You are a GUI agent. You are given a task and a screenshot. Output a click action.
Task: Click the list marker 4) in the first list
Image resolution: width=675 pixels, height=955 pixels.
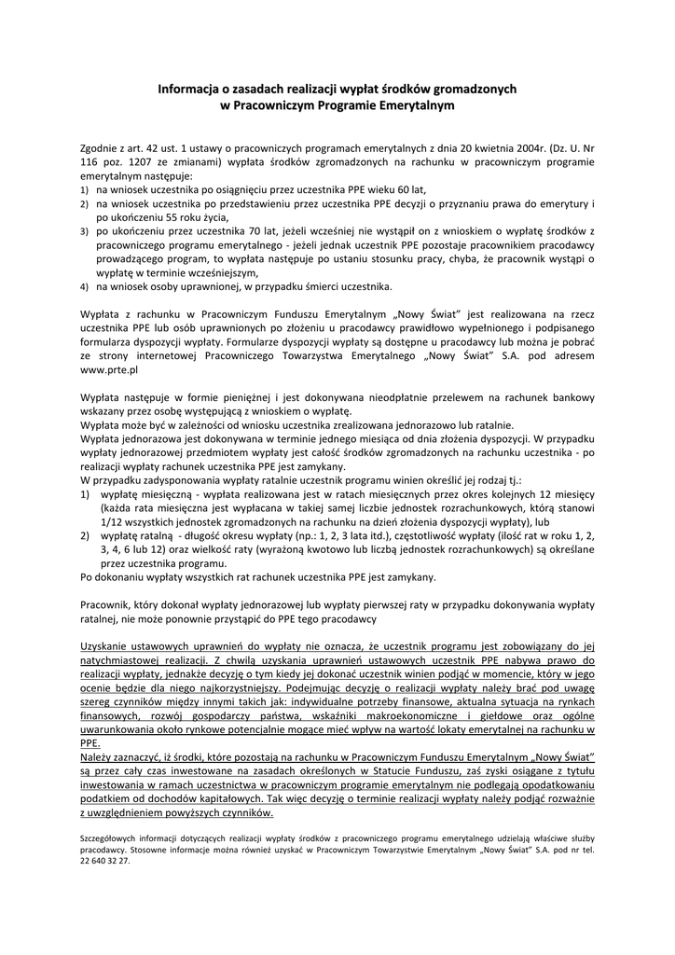click(85, 287)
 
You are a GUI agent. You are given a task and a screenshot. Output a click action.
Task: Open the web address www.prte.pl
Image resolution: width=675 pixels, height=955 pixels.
click(109, 369)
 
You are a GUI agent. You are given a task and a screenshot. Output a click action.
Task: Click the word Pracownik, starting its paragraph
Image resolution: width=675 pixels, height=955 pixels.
click(105, 604)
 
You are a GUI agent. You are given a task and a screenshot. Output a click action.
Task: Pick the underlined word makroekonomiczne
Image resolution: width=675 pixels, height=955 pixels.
click(389, 713)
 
